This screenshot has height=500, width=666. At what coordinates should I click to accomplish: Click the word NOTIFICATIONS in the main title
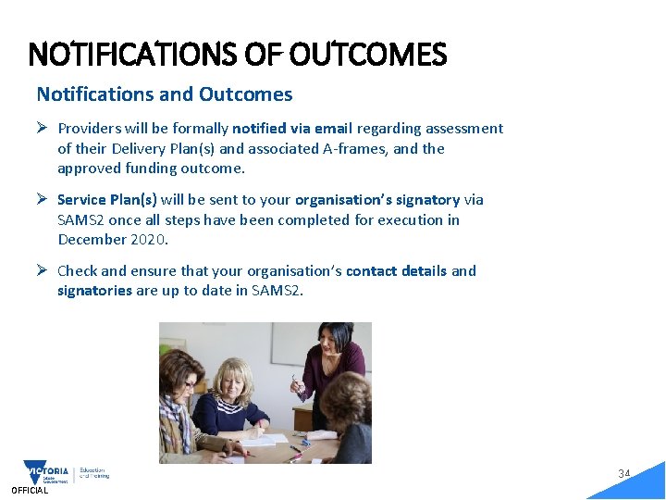pyautogui.click(x=133, y=56)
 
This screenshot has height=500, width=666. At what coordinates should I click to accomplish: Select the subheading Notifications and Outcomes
pyautogui.click(x=165, y=94)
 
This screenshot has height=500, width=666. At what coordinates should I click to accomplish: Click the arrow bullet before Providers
pyautogui.click(x=43, y=128)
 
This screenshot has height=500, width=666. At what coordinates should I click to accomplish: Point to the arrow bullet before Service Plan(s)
pyautogui.click(x=43, y=199)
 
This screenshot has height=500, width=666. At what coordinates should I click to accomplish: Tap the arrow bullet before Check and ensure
pyautogui.click(x=43, y=270)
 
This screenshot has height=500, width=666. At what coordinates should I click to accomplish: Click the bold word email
pyautogui.click(x=332, y=129)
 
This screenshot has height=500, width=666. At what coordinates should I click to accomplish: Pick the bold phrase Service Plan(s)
pyautogui.click(x=107, y=200)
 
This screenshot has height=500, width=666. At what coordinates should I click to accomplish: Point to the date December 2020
pyautogui.click(x=110, y=240)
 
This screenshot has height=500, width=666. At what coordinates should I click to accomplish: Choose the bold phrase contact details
pyautogui.click(x=396, y=271)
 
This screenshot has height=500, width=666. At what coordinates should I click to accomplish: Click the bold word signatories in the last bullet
pyautogui.click(x=94, y=291)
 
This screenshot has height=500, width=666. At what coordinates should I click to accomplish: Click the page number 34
pyautogui.click(x=624, y=474)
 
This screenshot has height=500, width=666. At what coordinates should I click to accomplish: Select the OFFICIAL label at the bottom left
pyautogui.click(x=30, y=491)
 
